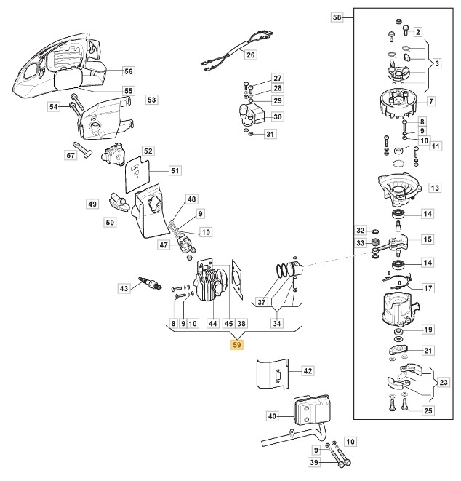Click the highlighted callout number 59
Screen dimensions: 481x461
click(237, 345)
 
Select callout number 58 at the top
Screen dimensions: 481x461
click(336, 16)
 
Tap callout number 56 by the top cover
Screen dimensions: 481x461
click(128, 71)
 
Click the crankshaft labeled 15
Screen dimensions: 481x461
click(399, 244)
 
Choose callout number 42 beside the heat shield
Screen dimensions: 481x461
click(307, 370)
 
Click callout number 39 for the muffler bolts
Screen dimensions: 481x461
click(315, 462)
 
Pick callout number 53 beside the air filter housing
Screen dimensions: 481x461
click(151, 100)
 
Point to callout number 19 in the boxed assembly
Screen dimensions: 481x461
click(428, 330)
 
